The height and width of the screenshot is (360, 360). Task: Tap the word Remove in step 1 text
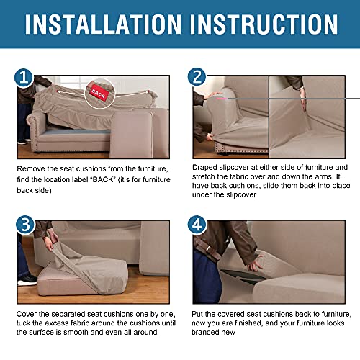(32, 168)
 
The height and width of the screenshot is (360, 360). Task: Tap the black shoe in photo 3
(27, 279)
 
